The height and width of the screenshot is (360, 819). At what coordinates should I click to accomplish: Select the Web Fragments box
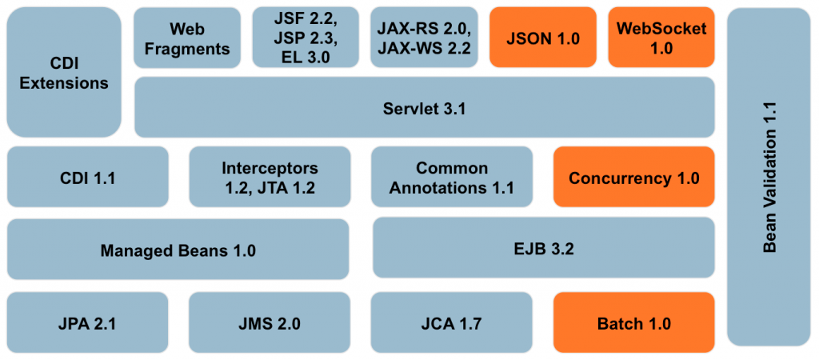187,38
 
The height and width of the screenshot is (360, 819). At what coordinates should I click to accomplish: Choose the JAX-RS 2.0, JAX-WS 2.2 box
424,38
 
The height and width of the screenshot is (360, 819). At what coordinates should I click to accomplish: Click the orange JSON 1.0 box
542,38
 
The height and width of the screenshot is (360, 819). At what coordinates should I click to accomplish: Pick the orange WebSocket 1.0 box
661,38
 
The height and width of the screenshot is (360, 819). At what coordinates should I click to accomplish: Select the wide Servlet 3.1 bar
424,108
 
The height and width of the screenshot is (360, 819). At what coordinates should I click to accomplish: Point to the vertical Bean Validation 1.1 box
769,176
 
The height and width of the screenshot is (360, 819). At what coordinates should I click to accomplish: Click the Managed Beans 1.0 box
178,250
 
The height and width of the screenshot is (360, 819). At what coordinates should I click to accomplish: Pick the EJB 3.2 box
544,249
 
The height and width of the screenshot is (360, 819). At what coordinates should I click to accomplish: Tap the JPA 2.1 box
88,323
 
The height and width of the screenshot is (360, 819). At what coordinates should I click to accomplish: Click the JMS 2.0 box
270,323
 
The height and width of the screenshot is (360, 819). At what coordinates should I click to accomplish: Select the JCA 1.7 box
452,323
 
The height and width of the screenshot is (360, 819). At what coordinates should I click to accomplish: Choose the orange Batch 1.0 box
633,323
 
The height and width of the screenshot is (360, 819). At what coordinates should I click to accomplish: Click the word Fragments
187,48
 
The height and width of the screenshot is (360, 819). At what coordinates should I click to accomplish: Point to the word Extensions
64,82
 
